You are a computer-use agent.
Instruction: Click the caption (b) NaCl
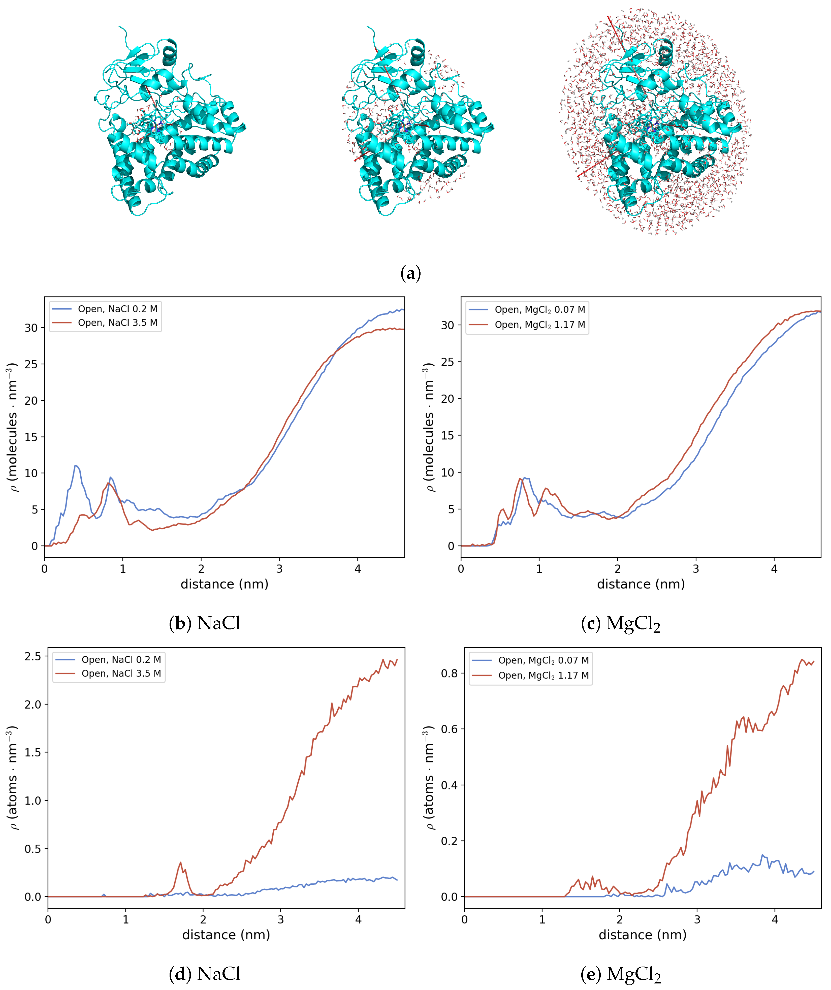pyautogui.click(x=205, y=623)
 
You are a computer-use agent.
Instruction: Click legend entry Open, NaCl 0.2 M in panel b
pyautogui.click(x=117, y=309)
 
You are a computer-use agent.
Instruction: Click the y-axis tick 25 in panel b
pyautogui.click(x=31, y=364)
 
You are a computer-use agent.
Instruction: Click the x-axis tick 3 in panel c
pyautogui.click(x=696, y=569)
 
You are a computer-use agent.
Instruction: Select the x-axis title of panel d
pyautogui.click(x=226, y=935)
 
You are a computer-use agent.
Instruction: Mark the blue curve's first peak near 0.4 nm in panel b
pyautogui.click(x=75, y=466)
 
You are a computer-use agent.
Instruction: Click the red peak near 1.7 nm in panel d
pyautogui.click(x=180, y=863)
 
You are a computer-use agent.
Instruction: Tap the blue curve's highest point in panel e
pyautogui.click(x=763, y=855)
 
